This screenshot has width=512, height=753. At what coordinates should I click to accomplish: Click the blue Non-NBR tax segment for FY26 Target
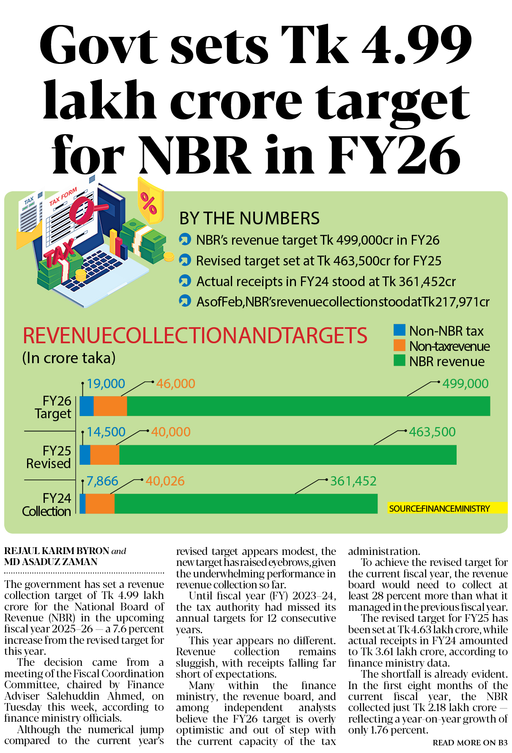[x=87, y=406]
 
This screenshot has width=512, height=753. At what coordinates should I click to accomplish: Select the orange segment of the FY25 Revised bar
[x=105, y=455]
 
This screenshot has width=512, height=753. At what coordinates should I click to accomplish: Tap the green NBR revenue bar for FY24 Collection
[x=245, y=504]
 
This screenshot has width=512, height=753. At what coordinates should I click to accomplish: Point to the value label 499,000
[x=465, y=384]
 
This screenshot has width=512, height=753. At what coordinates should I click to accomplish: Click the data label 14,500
[x=106, y=432]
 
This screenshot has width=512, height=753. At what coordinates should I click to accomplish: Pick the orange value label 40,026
[x=165, y=481]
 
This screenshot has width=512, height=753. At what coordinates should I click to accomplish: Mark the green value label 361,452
[x=353, y=481]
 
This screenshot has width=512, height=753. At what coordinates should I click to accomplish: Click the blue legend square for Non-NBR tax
[x=399, y=330]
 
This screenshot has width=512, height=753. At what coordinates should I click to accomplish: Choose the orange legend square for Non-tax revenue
[x=399, y=345]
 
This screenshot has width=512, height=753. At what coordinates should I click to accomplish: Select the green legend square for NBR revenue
[x=399, y=361]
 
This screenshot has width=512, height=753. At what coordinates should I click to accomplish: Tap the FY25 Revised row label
[x=49, y=457]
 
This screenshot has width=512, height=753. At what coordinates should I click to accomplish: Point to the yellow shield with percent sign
[x=150, y=201]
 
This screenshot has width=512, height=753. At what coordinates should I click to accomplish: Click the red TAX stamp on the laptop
[x=59, y=254]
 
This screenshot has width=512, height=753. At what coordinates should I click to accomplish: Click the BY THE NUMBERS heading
[x=249, y=218]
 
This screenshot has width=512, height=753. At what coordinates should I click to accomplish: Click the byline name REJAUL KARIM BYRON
[x=57, y=551]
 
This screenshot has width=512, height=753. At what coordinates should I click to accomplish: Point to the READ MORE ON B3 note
[x=470, y=742]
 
